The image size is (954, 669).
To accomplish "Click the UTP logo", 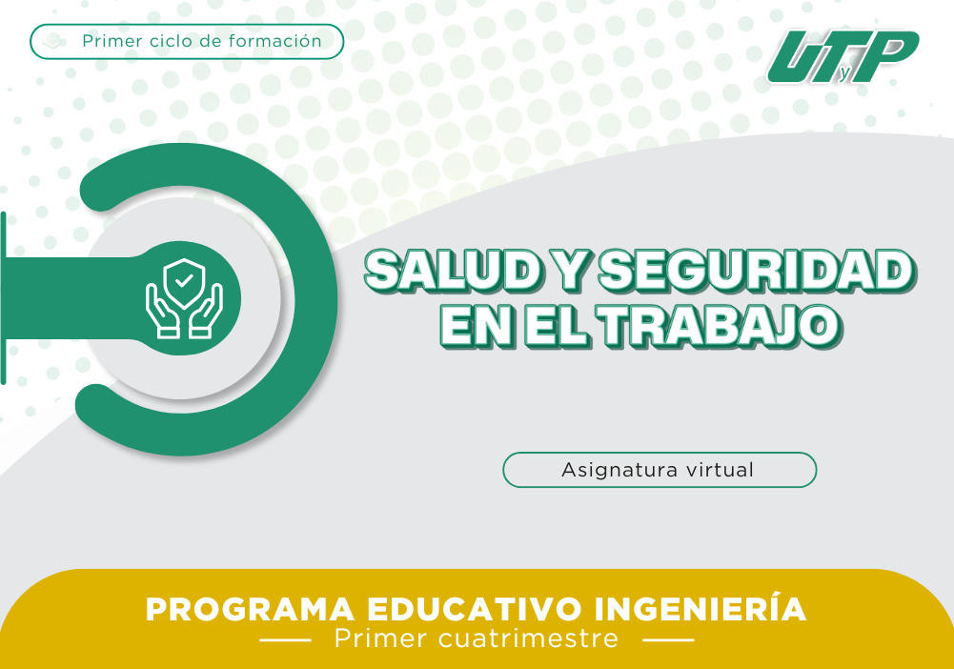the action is point(843,56).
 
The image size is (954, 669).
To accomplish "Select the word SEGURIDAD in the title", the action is point(757,271).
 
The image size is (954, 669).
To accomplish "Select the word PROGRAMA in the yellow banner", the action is point(250,609).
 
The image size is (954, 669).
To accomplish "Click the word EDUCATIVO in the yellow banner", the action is point(475,609).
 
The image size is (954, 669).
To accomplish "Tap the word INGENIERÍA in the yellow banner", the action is point(700,608).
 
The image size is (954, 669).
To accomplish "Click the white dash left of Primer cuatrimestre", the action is point(285,639).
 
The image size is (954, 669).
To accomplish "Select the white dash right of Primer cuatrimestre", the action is point(668,639).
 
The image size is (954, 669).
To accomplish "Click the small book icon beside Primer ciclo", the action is point(54,41).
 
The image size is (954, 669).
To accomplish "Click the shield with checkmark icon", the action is point(184,282).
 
